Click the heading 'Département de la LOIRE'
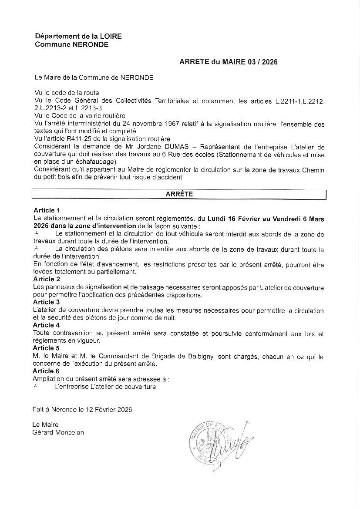click(78, 37)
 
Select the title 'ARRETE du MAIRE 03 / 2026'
click(228, 62)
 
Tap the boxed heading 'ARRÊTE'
click(179, 195)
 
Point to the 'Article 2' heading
click(46, 279)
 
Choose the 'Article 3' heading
click(46, 302)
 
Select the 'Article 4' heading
click(46, 325)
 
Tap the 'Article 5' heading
click(46, 348)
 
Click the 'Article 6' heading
click(46, 371)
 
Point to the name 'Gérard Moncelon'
click(58, 432)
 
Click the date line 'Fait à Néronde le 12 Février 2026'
click(82, 410)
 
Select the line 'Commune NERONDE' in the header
click(72, 44)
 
